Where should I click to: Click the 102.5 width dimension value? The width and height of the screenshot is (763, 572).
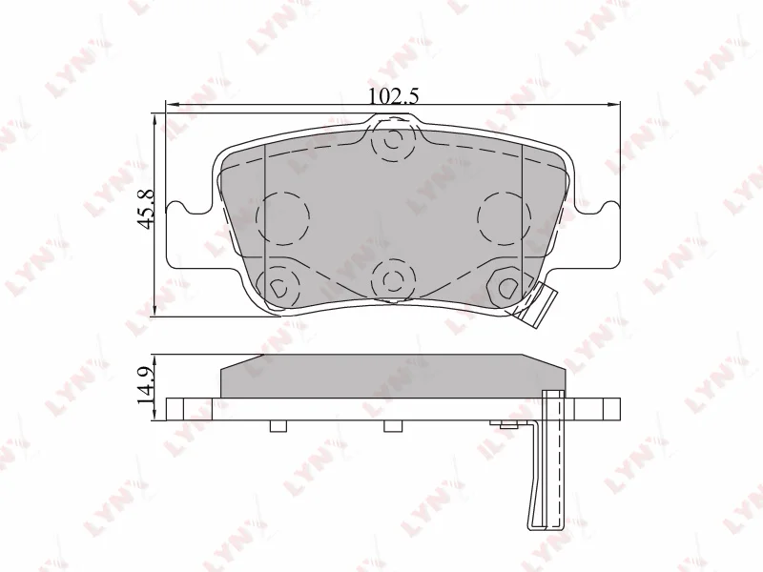(x=394, y=95)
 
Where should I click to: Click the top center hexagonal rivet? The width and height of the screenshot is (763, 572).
(x=392, y=141)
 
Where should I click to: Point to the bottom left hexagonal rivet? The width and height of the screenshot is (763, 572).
(x=278, y=285)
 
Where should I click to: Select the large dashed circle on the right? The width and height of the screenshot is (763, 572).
(x=503, y=216)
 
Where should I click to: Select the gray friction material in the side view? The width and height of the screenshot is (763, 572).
(x=392, y=376)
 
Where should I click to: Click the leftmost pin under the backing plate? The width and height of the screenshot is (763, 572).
(x=278, y=426)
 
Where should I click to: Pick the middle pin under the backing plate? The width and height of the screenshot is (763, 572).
(x=392, y=426)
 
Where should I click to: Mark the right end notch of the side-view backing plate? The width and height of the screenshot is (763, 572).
(x=610, y=408)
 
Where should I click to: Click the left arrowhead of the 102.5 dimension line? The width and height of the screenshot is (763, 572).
(x=171, y=103)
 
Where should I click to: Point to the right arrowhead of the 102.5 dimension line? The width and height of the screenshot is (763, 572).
(x=615, y=103)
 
